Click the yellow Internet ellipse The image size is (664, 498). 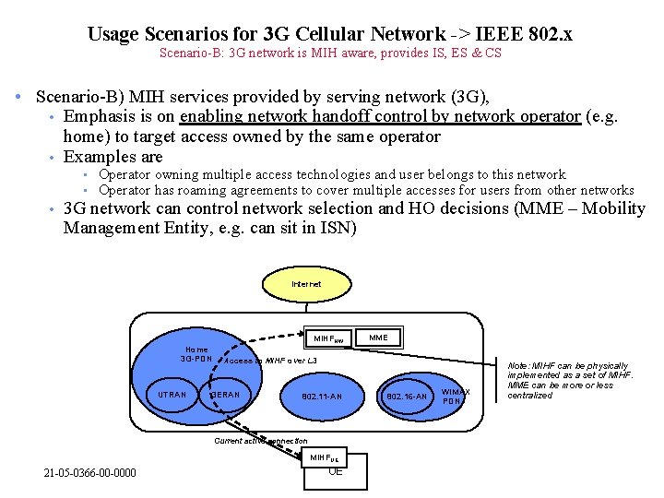[306, 284]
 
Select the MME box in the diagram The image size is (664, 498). [378, 338]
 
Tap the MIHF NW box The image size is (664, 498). [328, 338]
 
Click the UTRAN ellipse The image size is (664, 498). [172, 396]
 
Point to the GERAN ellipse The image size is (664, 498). [225, 396]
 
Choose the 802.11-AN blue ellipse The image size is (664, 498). [321, 397]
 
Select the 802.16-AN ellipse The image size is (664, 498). [407, 397]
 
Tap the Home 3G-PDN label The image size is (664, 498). [196, 354]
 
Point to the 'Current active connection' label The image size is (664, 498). [261, 441]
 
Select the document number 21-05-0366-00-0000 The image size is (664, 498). [89, 473]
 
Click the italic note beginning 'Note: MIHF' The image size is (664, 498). [571, 380]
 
